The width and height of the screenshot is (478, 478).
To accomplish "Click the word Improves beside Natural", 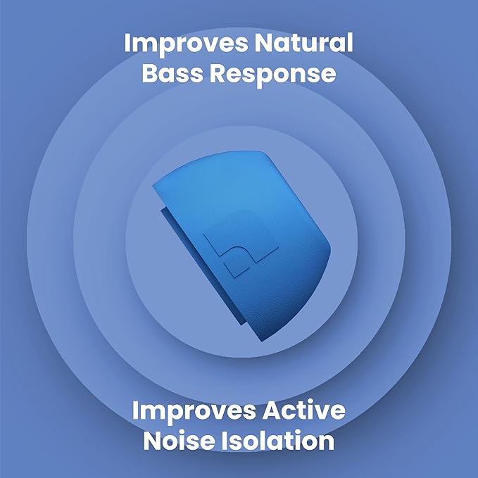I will point(184,43).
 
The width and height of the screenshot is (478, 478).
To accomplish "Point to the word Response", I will point(276,74).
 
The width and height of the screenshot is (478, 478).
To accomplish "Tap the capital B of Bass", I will point(151,73).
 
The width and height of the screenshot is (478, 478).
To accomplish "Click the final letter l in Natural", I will point(349,43).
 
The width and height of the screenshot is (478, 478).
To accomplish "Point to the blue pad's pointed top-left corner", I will point(153,186).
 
